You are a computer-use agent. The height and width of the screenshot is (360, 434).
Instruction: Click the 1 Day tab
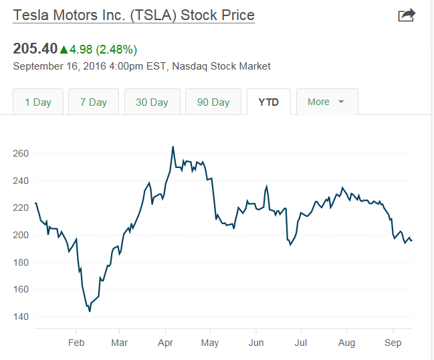[38, 102]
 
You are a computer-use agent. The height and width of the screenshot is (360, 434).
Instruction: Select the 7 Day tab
[94, 102]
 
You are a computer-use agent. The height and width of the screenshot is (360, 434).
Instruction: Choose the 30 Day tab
[152, 102]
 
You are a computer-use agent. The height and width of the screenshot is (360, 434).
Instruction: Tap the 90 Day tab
[213, 102]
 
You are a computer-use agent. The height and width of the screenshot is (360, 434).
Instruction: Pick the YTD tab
[268, 102]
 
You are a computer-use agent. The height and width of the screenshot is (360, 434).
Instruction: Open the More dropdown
[326, 102]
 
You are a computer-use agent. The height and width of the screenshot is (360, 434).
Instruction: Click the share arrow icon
[406, 15]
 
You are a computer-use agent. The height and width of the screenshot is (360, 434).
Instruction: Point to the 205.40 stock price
[35, 49]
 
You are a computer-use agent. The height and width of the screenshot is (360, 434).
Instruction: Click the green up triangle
[64, 49]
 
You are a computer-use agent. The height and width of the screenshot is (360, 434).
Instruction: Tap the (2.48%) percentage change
[116, 49]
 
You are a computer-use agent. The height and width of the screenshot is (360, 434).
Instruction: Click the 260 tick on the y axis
[21, 153]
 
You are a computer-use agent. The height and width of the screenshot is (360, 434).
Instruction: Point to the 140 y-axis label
[21, 317]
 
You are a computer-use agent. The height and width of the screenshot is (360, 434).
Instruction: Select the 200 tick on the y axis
[21, 235]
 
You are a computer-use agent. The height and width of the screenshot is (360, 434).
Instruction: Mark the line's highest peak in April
[173, 147]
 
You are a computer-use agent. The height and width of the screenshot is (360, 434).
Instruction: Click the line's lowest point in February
[90, 311]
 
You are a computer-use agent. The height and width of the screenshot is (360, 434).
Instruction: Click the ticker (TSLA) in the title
[151, 15]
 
